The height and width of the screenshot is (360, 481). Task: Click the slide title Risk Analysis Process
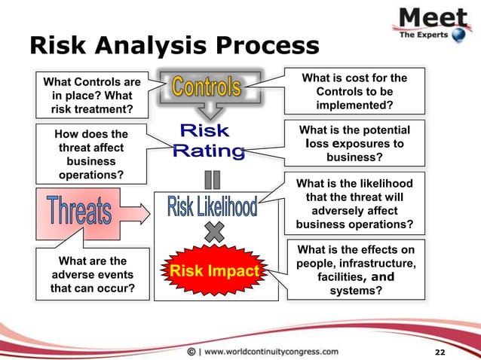174,46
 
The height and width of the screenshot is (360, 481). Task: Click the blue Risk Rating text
210,142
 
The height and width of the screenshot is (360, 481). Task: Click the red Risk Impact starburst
214,270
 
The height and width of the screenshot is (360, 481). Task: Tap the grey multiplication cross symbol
214,233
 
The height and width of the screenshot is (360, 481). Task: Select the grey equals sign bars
213,181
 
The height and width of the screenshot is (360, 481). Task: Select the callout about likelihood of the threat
354,203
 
